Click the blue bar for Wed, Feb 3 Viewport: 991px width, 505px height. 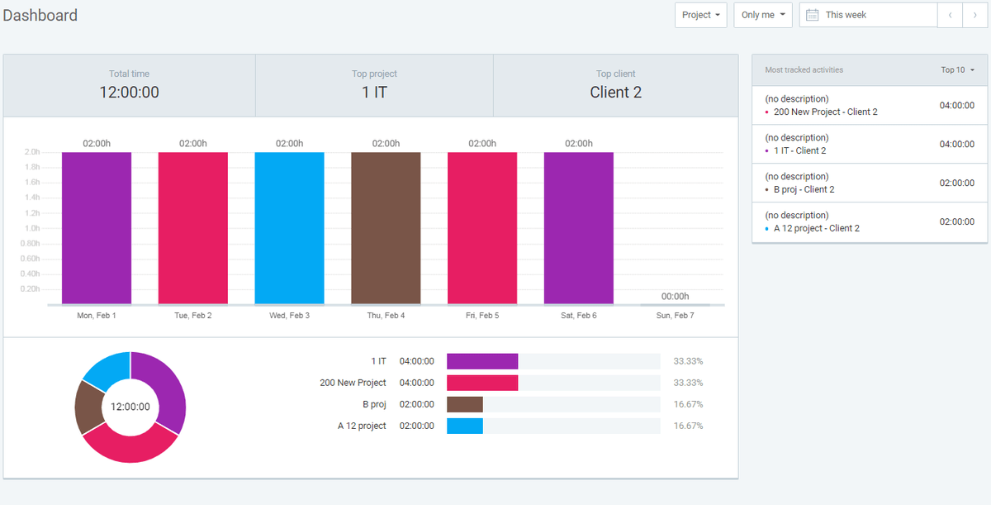pyautogui.click(x=289, y=228)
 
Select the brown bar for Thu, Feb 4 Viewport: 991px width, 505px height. pyautogui.click(x=386, y=228)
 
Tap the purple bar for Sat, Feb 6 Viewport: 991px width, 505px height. pyautogui.click(x=578, y=228)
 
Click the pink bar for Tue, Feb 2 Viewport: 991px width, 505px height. pyautogui.click(x=192, y=228)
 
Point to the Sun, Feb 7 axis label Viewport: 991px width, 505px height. pyautogui.click(x=674, y=316)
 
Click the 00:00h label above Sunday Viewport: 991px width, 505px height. pyautogui.click(x=675, y=296)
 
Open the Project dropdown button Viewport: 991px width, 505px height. pyautogui.click(x=701, y=15)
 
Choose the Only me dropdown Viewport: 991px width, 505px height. pyautogui.click(x=762, y=15)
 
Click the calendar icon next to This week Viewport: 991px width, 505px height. pyautogui.click(x=812, y=15)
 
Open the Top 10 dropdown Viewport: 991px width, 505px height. pyautogui.click(x=957, y=70)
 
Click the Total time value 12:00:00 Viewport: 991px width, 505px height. pyautogui.click(x=129, y=93)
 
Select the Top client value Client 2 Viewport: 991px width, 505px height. pyautogui.click(x=615, y=93)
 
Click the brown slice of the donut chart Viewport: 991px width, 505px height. pyautogui.click(x=87, y=407)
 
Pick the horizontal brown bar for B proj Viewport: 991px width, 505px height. pyautogui.click(x=465, y=404)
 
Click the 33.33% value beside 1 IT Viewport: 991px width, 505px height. pyautogui.click(x=688, y=361)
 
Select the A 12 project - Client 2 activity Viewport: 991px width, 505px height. pyautogui.click(x=816, y=228)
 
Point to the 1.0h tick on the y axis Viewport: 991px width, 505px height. pyautogui.click(x=32, y=228)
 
